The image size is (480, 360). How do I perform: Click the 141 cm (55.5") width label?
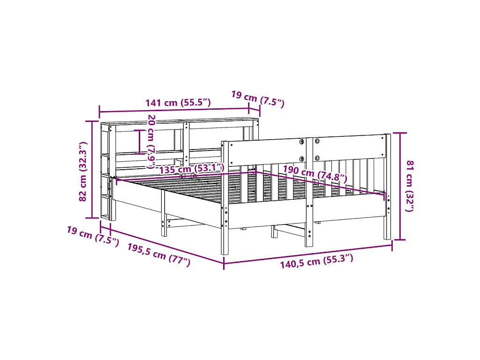point(178,102)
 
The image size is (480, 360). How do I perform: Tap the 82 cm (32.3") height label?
point(83,171)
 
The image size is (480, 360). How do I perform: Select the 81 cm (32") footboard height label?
point(409,186)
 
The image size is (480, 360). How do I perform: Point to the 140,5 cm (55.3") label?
point(316,261)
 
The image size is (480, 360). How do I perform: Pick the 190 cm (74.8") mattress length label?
point(315,174)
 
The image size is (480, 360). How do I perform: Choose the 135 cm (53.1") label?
point(192,168)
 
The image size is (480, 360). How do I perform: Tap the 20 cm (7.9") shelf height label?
point(151,142)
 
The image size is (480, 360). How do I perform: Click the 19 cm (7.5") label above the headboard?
point(258,98)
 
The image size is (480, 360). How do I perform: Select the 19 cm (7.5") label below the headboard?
point(93,236)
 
